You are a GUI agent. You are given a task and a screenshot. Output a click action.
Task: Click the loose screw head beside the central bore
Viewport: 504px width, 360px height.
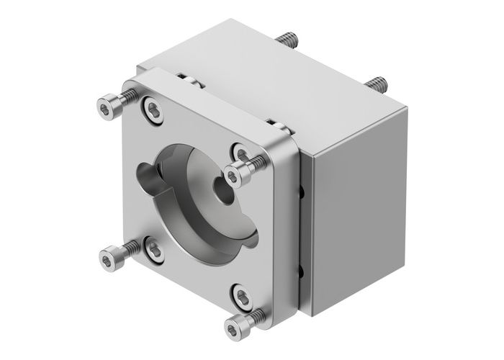pos(234,174)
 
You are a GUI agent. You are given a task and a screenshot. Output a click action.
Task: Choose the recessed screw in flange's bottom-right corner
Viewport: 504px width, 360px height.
pos(241,294)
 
